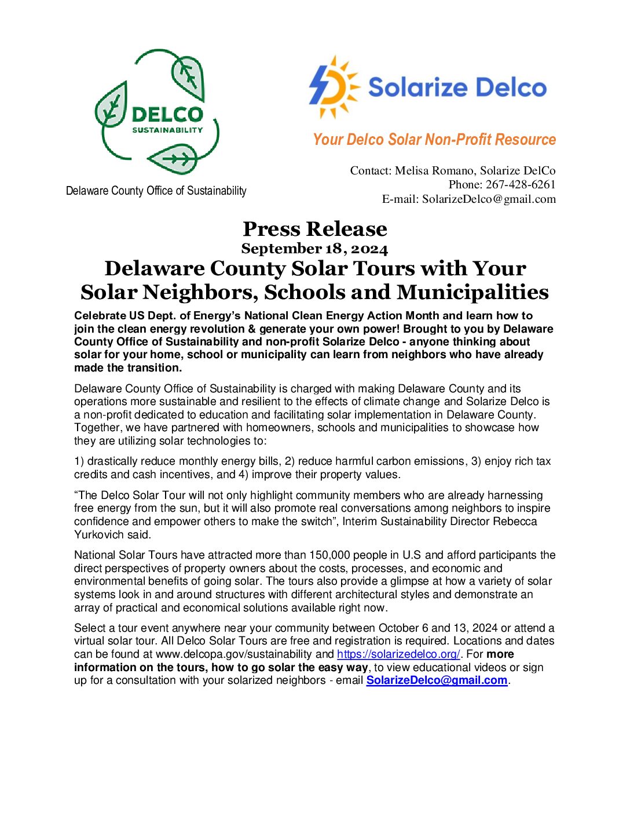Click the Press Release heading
(x=314, y=229)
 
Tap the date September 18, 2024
(x=314, y=249)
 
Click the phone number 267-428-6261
(x=521, y=185)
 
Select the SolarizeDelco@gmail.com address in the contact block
(x=489, y=199)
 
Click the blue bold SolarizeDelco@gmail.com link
(x=437, y=680)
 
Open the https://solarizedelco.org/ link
(x=398, y=654)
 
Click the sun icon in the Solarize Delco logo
(x=334, y=87)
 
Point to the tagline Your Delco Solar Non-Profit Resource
(x=434, y=140)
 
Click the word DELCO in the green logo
(x=167, y=114)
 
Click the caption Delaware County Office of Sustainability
(x=156, y=191)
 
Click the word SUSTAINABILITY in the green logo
(x=167, y=130)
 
